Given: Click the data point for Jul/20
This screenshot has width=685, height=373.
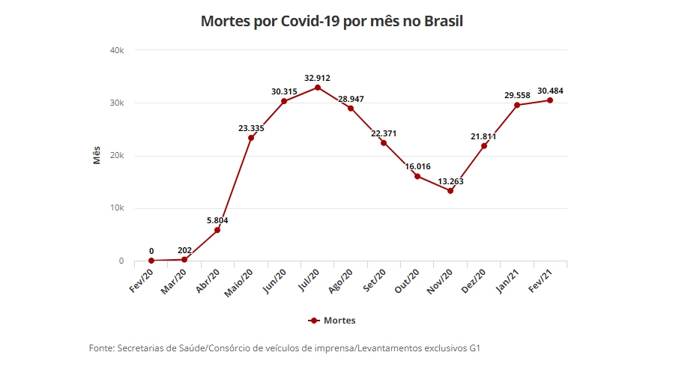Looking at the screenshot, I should click(318, 88).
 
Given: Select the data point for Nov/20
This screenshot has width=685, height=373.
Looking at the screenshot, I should click(450, 191).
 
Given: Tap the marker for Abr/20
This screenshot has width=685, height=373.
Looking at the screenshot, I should click(217, 230).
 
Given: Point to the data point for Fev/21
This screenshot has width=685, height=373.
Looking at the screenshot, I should click(550, 100).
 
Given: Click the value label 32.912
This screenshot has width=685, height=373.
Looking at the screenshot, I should click(318, 78).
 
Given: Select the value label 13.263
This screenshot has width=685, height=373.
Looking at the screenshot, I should click(450, 181).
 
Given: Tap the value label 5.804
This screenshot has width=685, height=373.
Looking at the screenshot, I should click(217, 220).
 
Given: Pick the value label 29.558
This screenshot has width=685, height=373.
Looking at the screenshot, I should click(517, 95).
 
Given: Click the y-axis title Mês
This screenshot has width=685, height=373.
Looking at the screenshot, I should click(97, 156).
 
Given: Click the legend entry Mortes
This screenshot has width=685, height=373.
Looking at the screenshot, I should click(340, 321).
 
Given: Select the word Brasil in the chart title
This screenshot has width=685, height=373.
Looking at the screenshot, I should click(444, 21).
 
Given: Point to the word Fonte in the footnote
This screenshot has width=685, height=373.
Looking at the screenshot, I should click(101, 348).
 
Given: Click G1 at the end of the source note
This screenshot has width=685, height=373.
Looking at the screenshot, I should click(475, 348).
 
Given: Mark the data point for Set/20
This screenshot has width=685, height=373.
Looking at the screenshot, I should click(384, 142).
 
